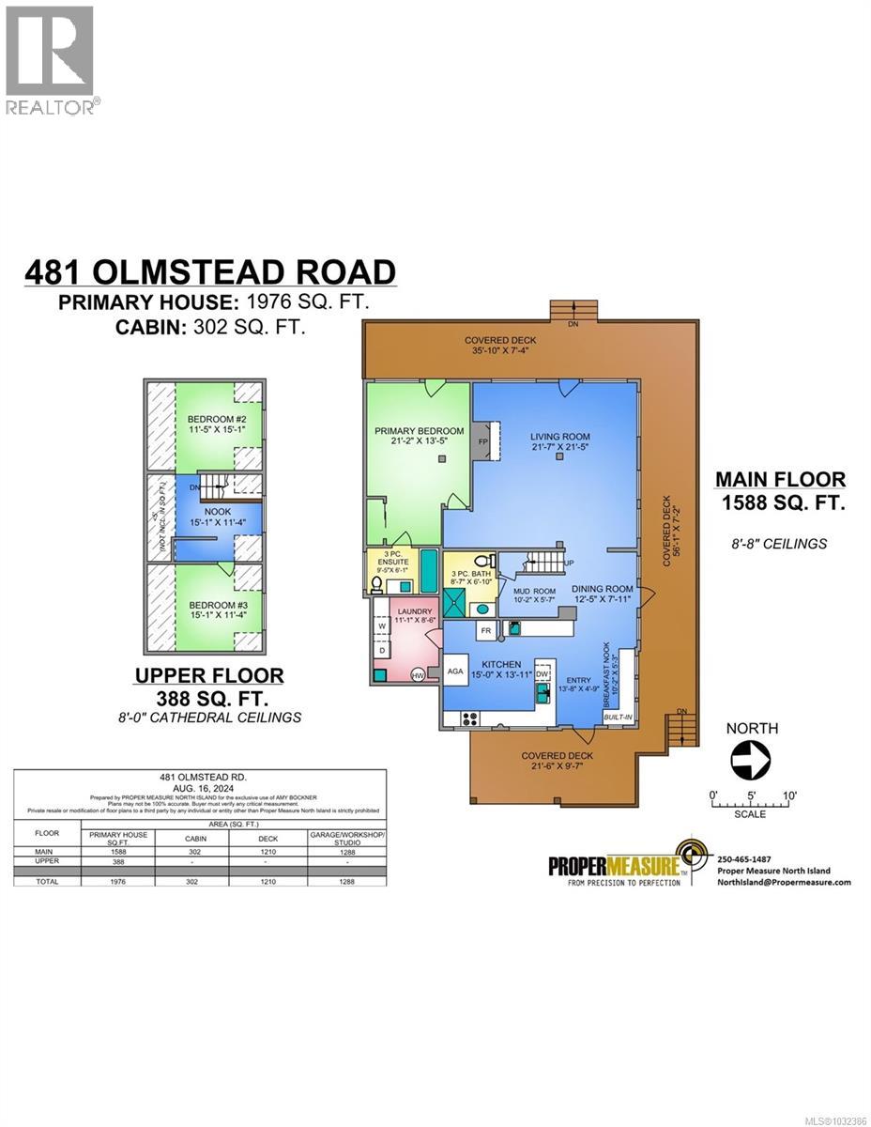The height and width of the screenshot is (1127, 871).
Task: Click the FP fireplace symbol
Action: coord(483,440)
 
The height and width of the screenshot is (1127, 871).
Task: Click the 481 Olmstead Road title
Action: coord(210,271)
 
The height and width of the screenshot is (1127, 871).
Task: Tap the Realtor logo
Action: coord(51,58)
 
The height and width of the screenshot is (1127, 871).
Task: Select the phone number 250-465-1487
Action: coord(743,858)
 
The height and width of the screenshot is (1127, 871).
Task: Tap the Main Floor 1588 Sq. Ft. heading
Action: coord(781,491)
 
